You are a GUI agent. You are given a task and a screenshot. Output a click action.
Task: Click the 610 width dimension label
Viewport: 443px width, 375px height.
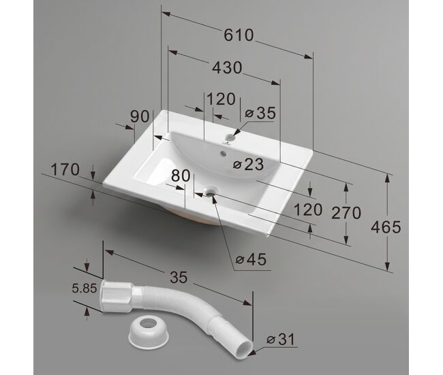[239, 35]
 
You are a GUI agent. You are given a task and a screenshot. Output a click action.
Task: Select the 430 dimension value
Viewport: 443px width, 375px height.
[227, 68]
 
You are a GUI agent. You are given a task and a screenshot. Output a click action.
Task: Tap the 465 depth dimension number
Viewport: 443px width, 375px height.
[386, 227]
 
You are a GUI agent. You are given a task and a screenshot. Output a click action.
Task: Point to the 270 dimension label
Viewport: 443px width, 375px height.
[346, 213]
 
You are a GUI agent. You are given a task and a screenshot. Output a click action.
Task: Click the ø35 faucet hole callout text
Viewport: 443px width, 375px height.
[260, 113]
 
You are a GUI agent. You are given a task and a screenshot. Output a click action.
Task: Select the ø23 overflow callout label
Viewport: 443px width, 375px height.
[248, 164]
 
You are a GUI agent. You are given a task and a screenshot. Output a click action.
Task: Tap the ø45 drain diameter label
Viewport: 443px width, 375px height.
[251, 259]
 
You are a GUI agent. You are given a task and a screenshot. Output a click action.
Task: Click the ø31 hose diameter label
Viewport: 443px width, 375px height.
[281, 339]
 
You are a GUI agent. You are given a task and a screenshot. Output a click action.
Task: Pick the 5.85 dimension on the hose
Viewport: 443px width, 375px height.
[85, 289]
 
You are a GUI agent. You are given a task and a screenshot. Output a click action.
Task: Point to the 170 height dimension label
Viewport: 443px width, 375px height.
[65, 170]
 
